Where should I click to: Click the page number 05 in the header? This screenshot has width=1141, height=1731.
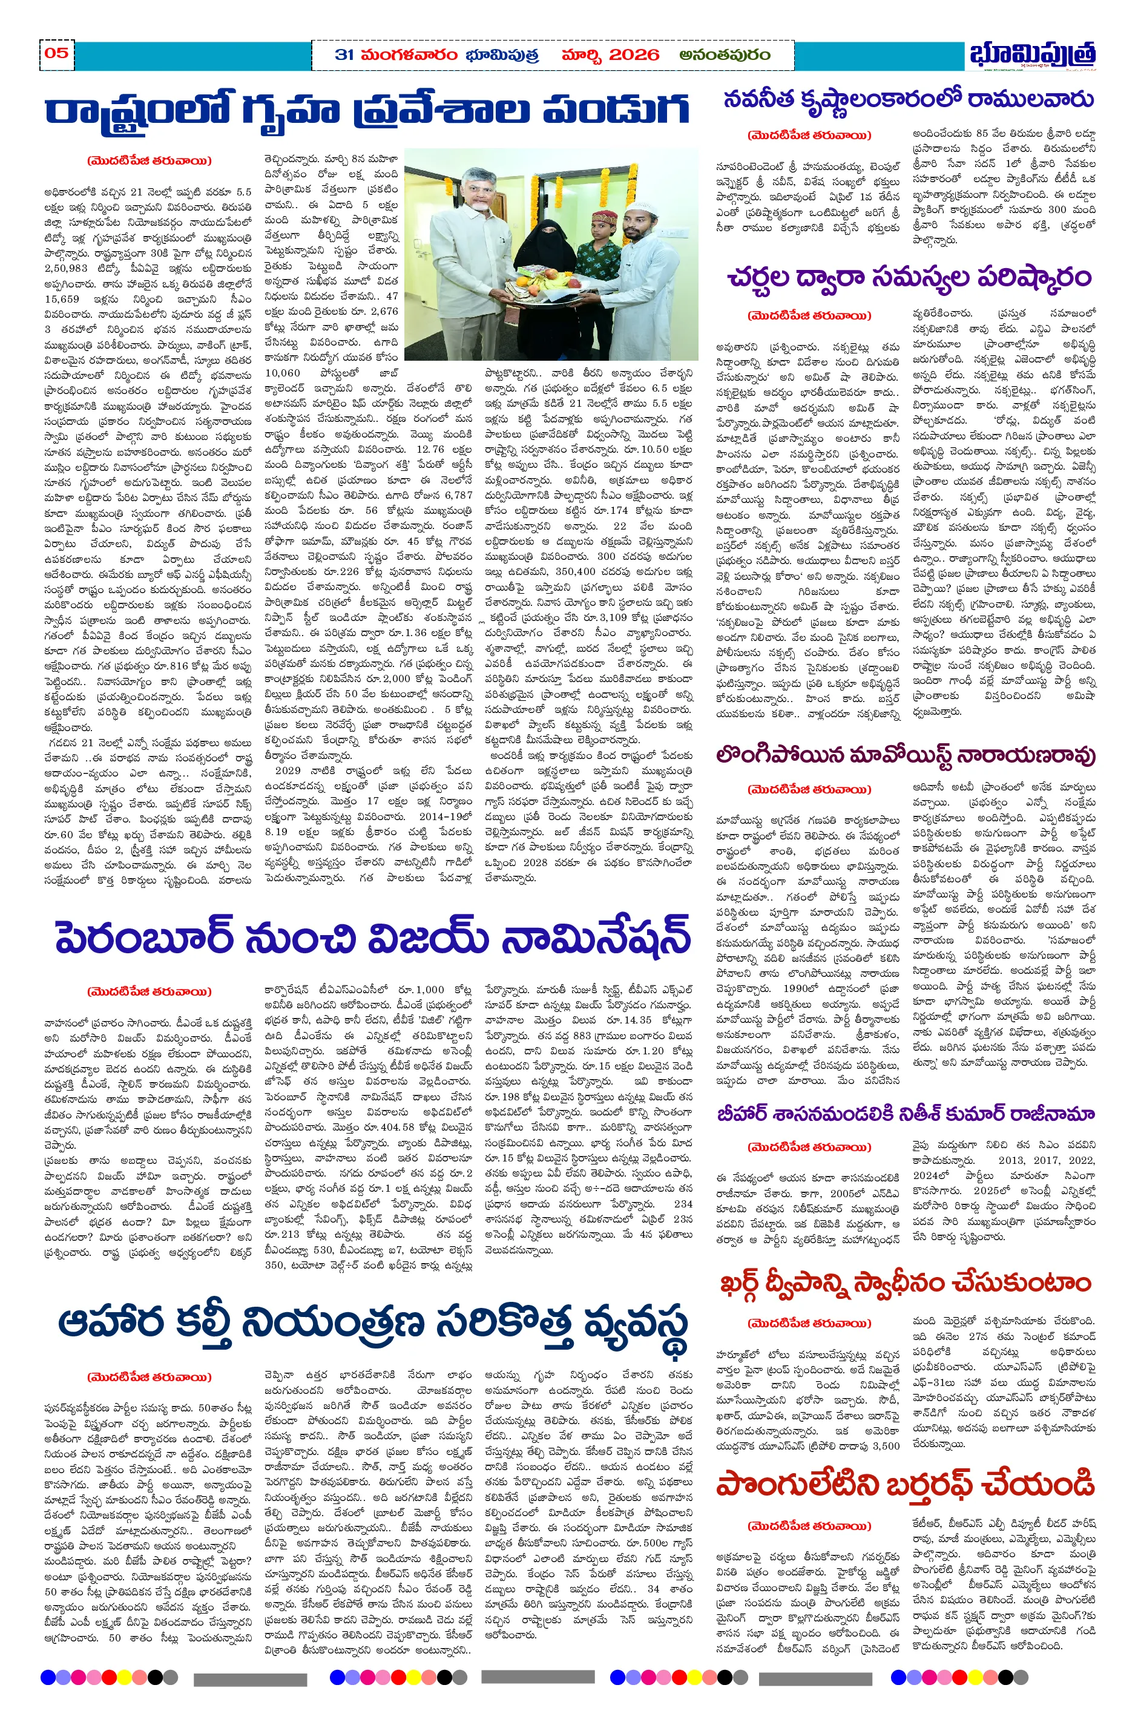(x=57, y=53)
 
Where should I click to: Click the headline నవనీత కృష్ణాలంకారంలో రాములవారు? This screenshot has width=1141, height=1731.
(x=908, y=100)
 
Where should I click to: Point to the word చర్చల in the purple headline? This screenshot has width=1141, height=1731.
(x=768, y=277)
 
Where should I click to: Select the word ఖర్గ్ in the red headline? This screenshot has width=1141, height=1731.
(x=753, y=1283)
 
